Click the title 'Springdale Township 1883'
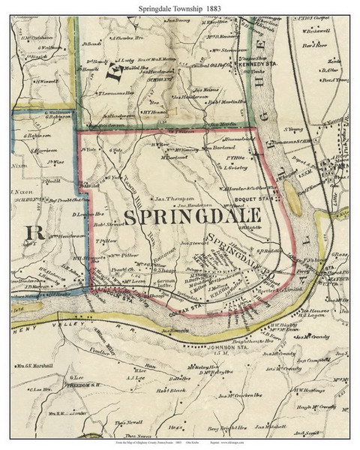pos(180,7)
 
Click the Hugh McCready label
pos(310,406)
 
